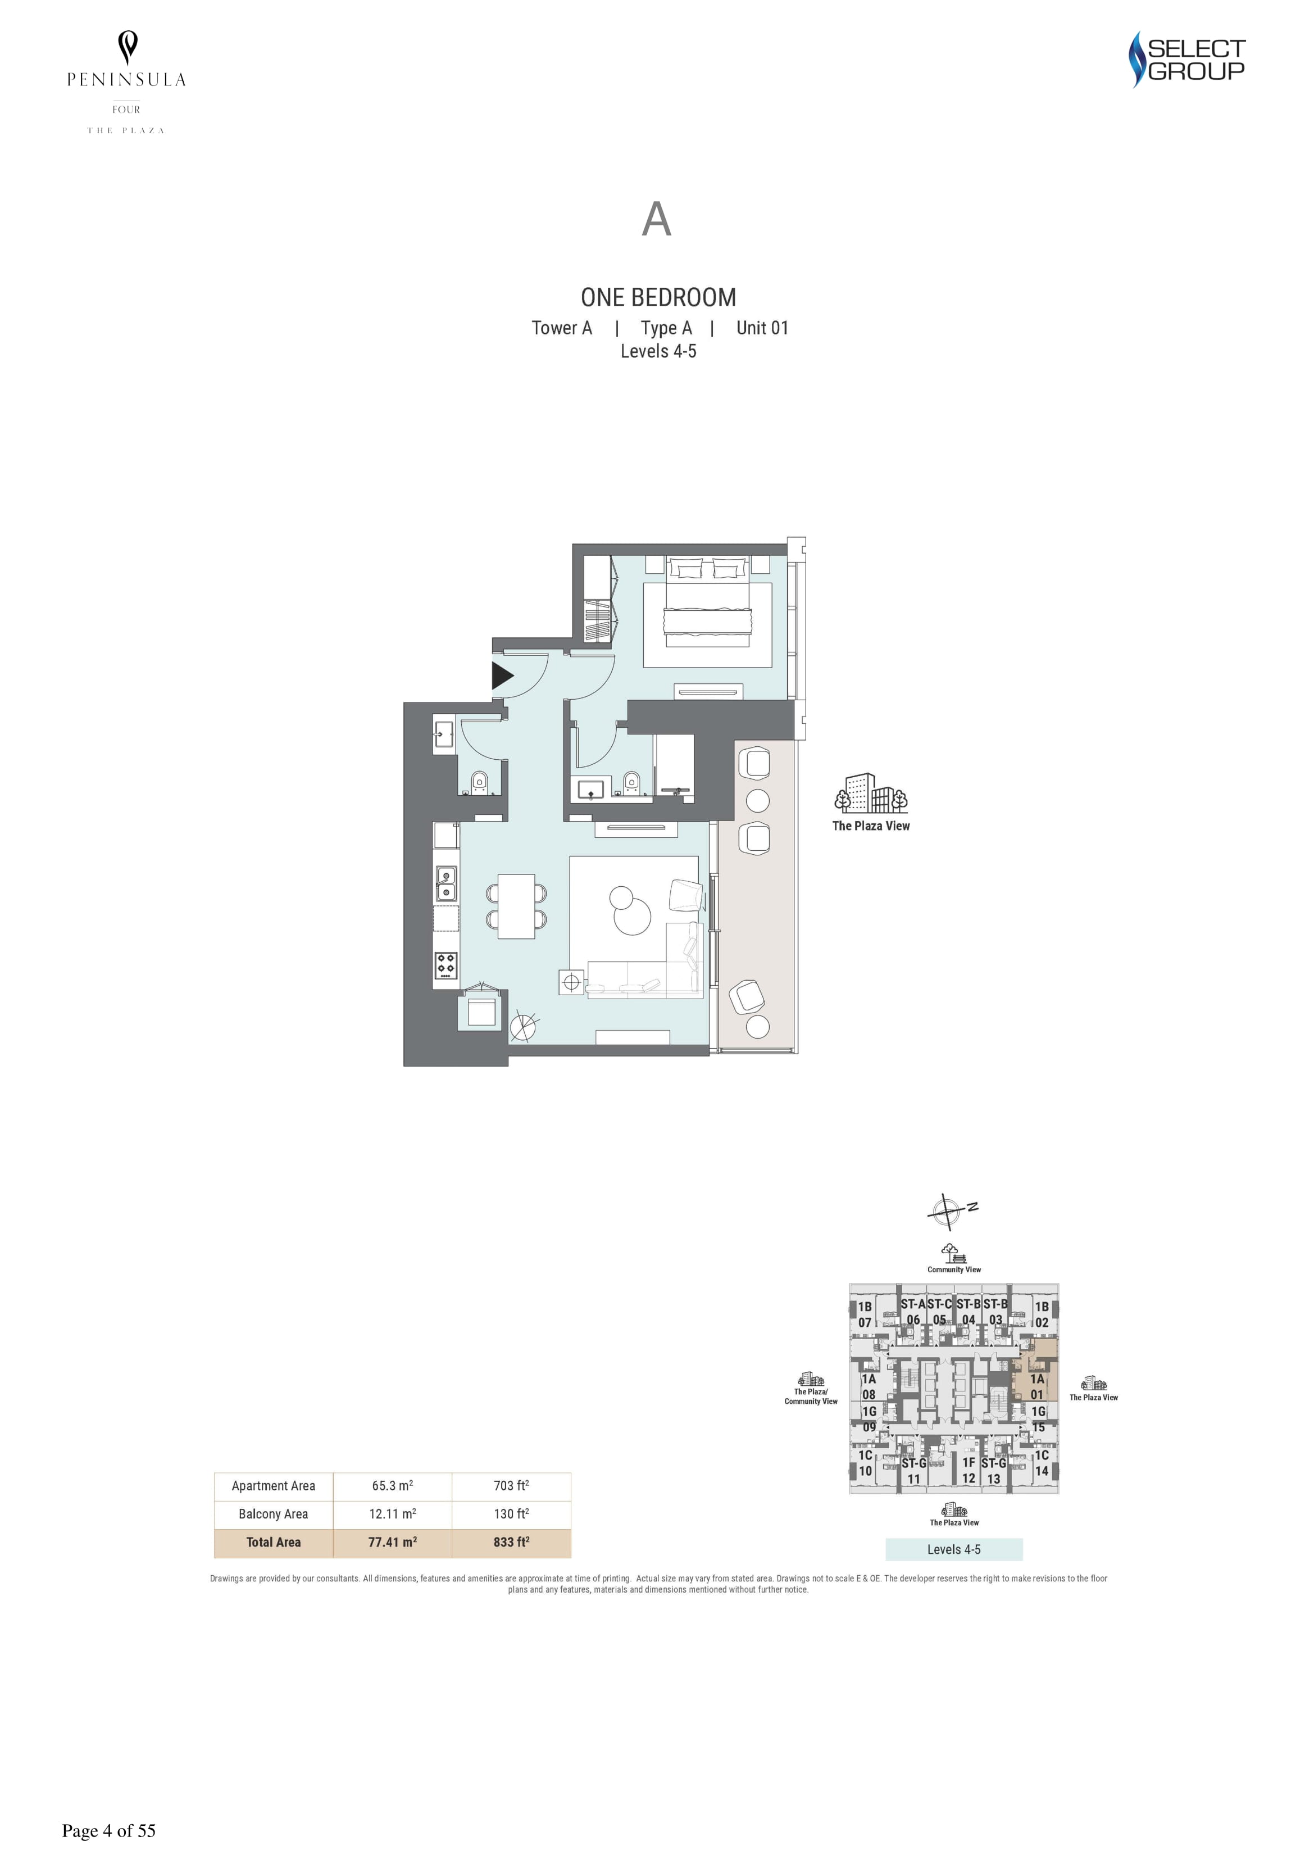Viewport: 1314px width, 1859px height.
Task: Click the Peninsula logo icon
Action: pos(127,48)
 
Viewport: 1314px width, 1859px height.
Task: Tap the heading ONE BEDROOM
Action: pos(658,298)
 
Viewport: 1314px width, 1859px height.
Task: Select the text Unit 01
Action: pos(762,328)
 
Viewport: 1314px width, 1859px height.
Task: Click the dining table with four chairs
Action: pos(516,905)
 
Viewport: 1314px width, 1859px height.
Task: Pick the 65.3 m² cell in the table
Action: pos(393,1486)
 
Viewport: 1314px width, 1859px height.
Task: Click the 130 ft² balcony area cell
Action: pos(511,1514)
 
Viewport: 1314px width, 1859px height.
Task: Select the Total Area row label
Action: pos(274,1543)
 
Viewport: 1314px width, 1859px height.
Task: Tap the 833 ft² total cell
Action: pos(511,1543)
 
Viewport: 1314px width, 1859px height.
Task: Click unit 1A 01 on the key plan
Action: pos(1037,1386)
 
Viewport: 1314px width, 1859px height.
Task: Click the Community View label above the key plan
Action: pos(954,1269)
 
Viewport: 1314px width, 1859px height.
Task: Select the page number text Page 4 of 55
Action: pos(108,1831)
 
